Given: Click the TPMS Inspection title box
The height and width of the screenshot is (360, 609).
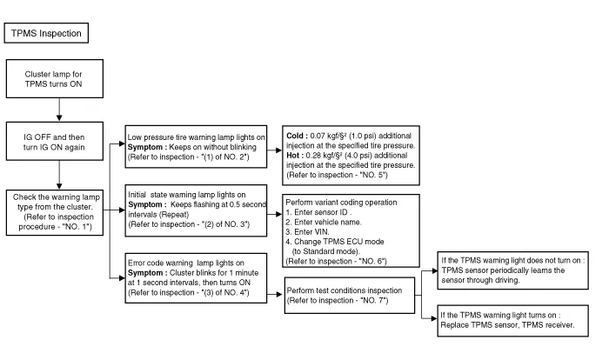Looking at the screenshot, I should click(x=45, y=33).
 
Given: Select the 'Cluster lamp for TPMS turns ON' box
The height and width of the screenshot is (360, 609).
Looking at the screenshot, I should click(x=58, y=81).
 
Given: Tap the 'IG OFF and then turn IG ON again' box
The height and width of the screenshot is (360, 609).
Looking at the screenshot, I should click(x=58, y=143).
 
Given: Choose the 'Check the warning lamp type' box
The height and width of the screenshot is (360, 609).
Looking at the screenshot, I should click(x=58, y=212).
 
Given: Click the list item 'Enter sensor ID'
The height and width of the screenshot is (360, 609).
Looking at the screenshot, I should click(x=318, y=211).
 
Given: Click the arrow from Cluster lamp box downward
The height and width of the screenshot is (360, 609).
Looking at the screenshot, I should click(x=58, y=109).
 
